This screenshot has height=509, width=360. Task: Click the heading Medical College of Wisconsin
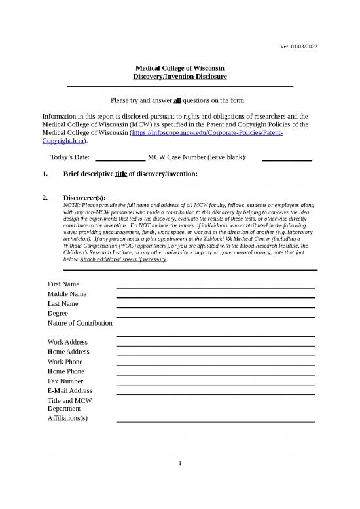(180, 67)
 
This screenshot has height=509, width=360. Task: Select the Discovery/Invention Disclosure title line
(180, 77)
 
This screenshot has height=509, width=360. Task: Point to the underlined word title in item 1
(120, 174)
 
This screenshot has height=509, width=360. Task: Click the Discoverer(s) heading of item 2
(84, 197)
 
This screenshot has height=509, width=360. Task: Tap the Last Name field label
(63, 304)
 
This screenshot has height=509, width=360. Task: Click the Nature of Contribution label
(81, 324)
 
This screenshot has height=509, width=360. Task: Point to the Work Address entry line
(215, 345)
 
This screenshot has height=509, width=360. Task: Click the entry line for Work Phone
(215, 365)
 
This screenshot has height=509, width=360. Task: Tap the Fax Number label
(65, 381)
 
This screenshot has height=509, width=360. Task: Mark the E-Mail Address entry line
(215, 394)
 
